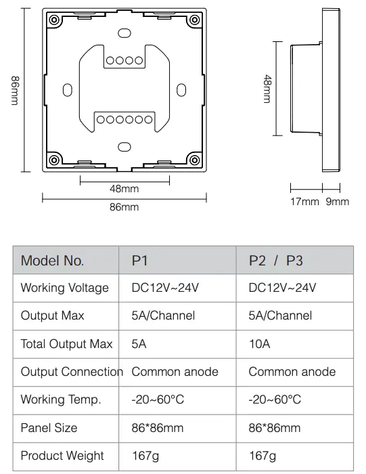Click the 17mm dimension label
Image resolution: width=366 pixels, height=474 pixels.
pyautogui.click(x=304, y=201)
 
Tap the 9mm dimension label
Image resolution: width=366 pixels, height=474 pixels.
pyautogui.click(x=338, y=201)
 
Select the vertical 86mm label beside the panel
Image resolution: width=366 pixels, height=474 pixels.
pyautogui.click(x=15, y=90)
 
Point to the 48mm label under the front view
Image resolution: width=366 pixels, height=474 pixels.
pyautogui.click(x=124, y=189)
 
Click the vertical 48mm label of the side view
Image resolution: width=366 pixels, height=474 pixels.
pyautogui.click(x=267, y=89)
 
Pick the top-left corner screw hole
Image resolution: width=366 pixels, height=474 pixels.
pyautogui.click(x=54, y=20)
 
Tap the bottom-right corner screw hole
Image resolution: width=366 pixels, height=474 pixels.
pyautogui.click(x=195, y=160)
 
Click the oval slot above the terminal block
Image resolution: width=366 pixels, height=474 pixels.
pyautogui.click(x=124, y=33)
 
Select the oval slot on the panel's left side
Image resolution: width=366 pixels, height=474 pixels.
pyautogui.click(x=68, y=90)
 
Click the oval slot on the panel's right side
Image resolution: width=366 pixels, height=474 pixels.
pyautogui.click(x=181, y=90)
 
